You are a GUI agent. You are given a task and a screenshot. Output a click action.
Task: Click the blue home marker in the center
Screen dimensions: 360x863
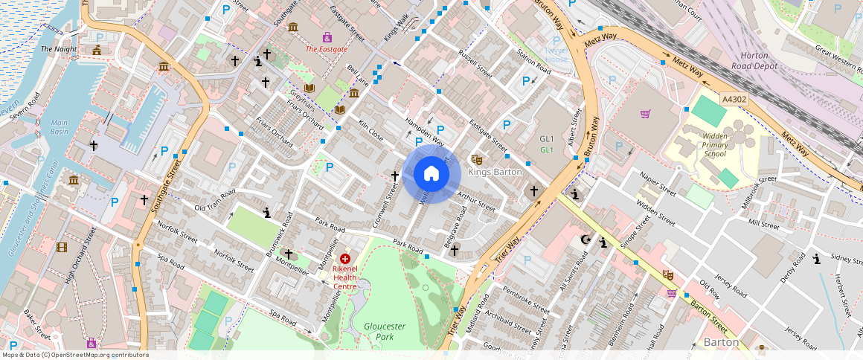pyautogui.click(x=431, y=174)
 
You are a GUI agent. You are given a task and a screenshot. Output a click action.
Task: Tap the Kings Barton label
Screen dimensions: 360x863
pyautogui.click(x=495, y=172)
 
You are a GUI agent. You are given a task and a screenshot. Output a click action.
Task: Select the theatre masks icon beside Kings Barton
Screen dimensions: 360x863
pyautogui.click(x=476, y=159)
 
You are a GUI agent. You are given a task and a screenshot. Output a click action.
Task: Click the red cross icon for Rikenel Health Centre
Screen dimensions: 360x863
pyautogui.click(x=345, y=258)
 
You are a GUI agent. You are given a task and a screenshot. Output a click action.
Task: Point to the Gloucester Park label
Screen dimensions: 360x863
pyautogui.click(x=385, y=331)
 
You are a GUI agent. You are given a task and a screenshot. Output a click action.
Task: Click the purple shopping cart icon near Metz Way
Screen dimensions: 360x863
pyautogui.click(x=645, y=114)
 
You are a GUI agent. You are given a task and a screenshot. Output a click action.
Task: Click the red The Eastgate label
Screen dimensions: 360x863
pyautogui.click(x=327, y=49)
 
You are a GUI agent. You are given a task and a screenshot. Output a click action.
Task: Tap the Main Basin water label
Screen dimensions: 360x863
pyautogui.click(x=59, y=127)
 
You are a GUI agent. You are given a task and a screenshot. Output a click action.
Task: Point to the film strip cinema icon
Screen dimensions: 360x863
pyautogui.click(x=62, y=247)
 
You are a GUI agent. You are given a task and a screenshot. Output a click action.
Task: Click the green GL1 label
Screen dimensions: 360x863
pyautogui.click(x=547, y=150)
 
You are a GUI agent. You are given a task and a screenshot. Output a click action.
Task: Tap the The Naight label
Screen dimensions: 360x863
pyautogui.click(x=59, y=49)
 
